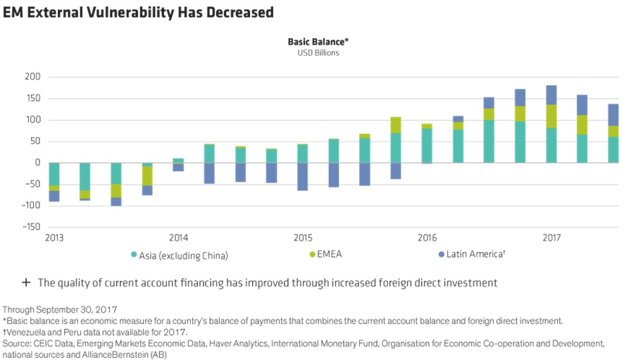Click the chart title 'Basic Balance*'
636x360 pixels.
coord(318,42)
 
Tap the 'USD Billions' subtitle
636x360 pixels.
coord(318,53)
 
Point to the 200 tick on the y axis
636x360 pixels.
coord(32,76)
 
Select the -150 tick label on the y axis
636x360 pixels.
coord(31,226)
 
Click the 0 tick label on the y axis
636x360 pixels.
coord(38,162)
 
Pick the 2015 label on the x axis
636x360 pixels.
coord(303,238)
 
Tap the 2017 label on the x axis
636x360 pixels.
coord(551,238)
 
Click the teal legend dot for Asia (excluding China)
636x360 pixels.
coord(134,254)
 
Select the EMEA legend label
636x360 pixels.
coord(330,254)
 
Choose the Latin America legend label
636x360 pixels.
coord(476,254)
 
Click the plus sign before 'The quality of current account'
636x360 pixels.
coord(26,282)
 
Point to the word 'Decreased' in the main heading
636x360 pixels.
coord(240,12)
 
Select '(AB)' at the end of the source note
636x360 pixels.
coord(158,355)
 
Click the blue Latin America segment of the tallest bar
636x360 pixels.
coord(551,95)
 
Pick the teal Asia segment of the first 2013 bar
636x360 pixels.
coord(54,174)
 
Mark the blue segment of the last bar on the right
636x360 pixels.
coord(613,115)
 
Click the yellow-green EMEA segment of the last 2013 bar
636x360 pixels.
coord(147,176)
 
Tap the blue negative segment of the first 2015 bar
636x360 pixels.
coord(303,177)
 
